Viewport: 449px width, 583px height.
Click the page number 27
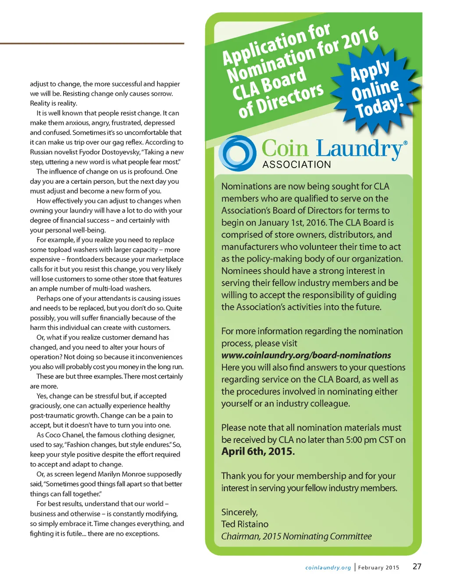(417, 566)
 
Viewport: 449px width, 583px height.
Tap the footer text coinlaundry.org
(328, 568)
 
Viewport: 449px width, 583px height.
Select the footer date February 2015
(378, 568)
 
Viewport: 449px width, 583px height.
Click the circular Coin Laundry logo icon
(237, 154)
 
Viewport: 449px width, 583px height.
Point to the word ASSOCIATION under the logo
(296, 165)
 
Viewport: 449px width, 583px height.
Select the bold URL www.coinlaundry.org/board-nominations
(306, 355)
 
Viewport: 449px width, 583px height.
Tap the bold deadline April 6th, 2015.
(258, 451)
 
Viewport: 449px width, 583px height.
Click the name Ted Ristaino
(245, 524)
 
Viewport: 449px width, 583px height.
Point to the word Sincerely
(239, 512)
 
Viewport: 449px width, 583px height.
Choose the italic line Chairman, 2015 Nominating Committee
(296, 537)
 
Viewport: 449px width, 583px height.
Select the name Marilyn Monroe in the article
(137, 474)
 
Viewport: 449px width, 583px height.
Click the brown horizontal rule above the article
(92, 43)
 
